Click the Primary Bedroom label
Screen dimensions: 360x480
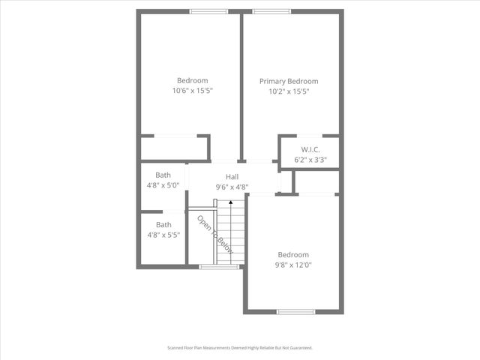click(x=289, y=81)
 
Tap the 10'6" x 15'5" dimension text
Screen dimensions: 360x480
click(x=193, y=91)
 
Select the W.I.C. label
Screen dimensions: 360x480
click(x=310, y=148)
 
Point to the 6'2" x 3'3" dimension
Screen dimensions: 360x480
click(x=310, y=159)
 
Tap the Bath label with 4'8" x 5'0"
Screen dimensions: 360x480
click(x=163, y=175)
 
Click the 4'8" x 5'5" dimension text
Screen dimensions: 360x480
click(x=163, y=235)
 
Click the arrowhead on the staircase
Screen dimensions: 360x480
click(x=231, y=201)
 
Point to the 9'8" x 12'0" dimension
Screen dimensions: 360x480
click(x=292, y=264)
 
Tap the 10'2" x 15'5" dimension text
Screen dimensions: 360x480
click(x=289, y=91)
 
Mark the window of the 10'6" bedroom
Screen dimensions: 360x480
click(x=208, y=11)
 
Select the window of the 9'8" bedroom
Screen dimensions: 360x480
click(x=295, y=311)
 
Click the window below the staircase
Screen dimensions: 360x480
click(x=220, y=266)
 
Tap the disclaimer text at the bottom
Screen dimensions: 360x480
click(x=239, y=348)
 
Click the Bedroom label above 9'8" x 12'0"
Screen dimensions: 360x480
click(x=292, y=254)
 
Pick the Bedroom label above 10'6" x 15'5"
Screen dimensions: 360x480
click(x=193, y=80)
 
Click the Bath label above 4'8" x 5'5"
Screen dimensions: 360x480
click(x=163, y=224)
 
